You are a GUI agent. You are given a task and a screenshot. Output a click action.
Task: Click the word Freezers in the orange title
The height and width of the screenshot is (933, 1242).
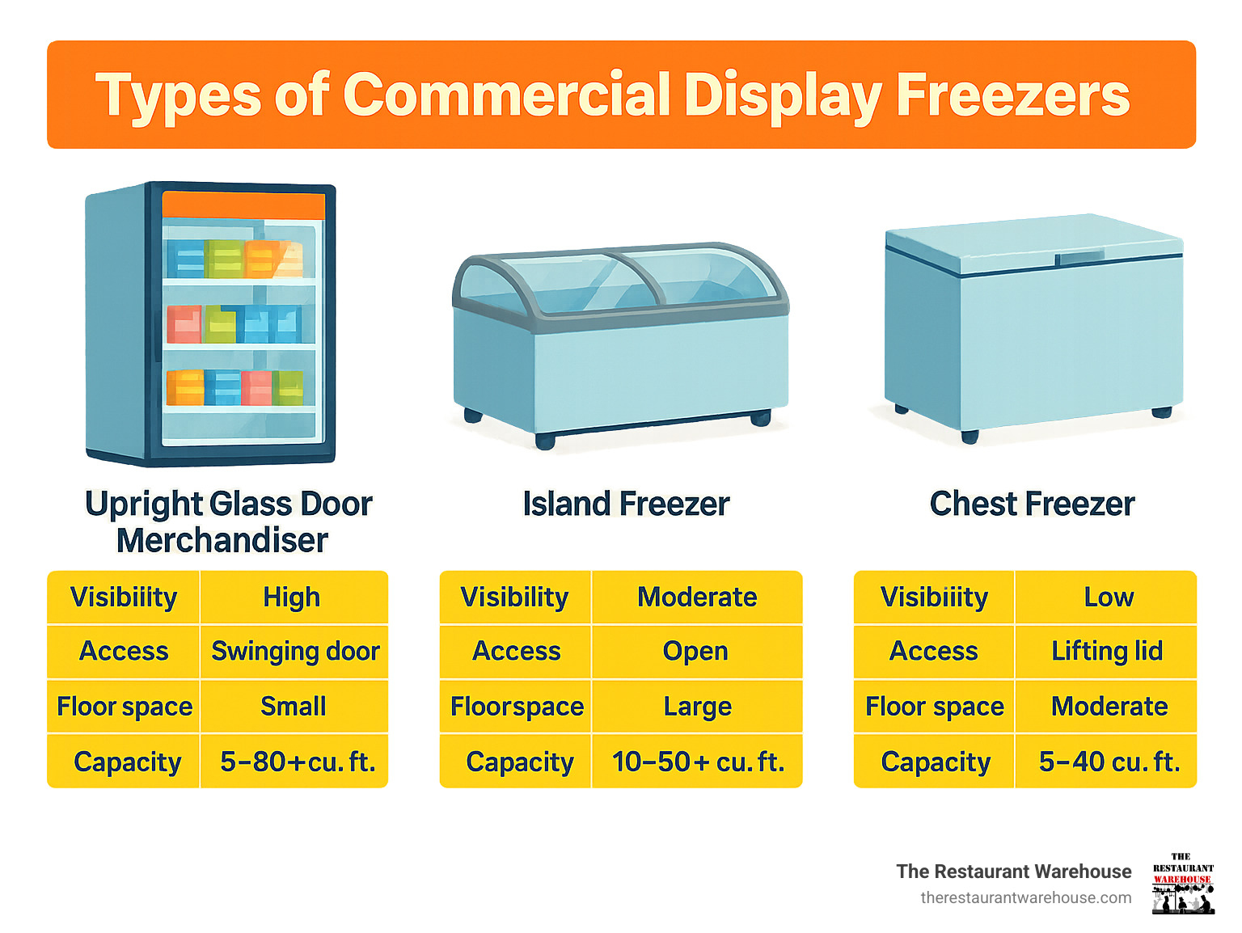click(x=1012, y=95)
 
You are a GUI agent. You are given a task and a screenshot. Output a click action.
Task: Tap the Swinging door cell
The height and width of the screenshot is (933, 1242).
click(x=295, y=651)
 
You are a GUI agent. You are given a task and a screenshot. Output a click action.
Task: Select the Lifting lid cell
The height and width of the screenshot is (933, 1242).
click(x=1106, y=651)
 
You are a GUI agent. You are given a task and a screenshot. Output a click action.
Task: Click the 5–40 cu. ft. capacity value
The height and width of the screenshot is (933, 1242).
click(x=1109, y=762)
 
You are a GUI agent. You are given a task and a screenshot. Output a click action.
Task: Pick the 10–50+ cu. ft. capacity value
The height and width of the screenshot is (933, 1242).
click(x=698, y=762)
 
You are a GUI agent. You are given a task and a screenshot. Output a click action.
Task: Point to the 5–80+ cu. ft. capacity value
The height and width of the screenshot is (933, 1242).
click(x=298, y=762)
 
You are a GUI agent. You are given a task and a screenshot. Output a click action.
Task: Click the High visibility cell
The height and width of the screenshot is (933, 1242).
click(x=291, y=597)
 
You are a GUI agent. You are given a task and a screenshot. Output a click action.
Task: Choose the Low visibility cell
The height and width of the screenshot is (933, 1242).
click(x=1109, y=597)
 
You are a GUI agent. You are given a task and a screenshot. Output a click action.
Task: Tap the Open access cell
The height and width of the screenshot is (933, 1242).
click(x=695, y=651)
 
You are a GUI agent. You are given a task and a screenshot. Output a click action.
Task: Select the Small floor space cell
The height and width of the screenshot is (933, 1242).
click(x=293, y=707)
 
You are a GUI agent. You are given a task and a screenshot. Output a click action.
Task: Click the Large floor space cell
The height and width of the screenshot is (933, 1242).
click(x=697, y=707)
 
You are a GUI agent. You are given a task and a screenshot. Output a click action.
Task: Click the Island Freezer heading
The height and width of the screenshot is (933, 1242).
click(x=626, y=504)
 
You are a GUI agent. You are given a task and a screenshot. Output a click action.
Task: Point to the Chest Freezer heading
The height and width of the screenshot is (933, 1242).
click(x=1032, y=504)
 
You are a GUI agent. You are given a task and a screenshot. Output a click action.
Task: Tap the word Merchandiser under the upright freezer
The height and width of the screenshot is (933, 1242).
click(x=222, y=540)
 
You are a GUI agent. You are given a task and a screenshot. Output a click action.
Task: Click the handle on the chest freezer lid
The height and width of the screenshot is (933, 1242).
click(x=1080, y=258)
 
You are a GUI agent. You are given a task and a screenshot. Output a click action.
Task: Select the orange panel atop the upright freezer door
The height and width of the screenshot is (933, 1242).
click(x=243, y=205)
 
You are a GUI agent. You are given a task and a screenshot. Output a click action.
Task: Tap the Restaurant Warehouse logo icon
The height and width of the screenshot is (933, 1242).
click(x=1182, y=884)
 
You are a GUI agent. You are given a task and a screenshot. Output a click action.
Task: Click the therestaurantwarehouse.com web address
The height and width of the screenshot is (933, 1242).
click(x=1025, y=897)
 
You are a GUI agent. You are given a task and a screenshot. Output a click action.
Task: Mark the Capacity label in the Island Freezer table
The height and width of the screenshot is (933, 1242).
click(x=519, y=762)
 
